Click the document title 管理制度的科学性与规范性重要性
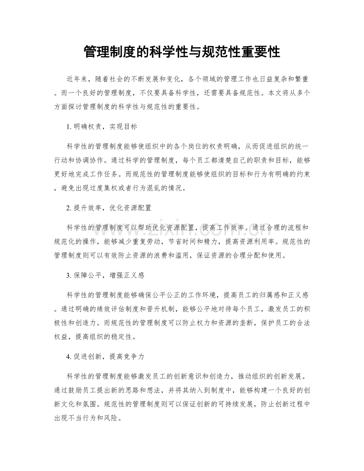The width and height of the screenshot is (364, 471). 182,52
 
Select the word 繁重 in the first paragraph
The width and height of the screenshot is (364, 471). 301,79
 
